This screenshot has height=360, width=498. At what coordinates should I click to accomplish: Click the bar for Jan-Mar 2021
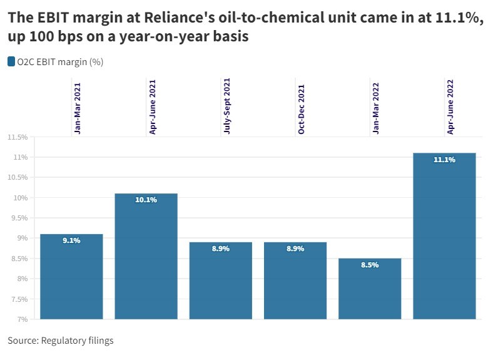click(x=71, y=279)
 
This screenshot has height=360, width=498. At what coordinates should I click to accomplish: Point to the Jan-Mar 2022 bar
click(x=370, y=291)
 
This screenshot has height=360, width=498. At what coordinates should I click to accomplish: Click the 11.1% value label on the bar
click(x=444, y=160)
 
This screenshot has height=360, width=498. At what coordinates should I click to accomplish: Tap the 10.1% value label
click(x=146, y=200)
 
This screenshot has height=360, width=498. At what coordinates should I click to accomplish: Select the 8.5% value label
click(x=370, y=265)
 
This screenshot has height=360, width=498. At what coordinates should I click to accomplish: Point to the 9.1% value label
click(x=71, y=241)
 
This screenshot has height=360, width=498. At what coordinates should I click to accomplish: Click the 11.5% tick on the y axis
click(x=17, y=137)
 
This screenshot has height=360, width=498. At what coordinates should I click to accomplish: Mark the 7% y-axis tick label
click(x=22, y=319)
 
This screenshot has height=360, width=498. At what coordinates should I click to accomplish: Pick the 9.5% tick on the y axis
click(x=19, y=218)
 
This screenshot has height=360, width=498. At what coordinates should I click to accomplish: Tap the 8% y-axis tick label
click(x=22, y=279)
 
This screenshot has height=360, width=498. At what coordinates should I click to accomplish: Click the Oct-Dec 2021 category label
click(x=301, y=109)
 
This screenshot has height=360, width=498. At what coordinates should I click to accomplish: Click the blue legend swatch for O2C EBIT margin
click(x=11, y=61)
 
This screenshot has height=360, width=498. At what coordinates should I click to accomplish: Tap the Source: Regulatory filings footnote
click(x=61, y=341)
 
